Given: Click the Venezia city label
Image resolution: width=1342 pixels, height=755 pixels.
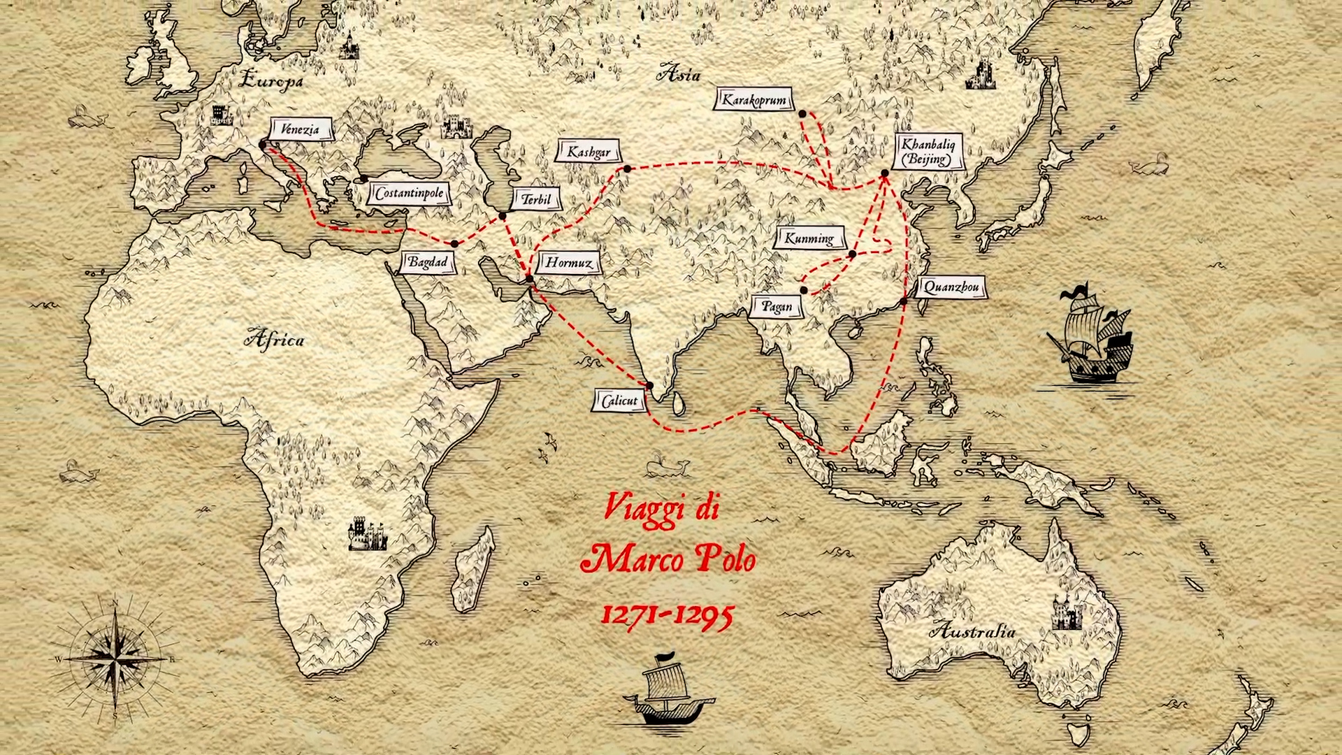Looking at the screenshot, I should click(301, 129).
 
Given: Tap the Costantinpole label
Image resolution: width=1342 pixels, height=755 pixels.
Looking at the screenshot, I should click(409, 194).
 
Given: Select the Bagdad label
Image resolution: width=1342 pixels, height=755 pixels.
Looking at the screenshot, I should click(427, 263).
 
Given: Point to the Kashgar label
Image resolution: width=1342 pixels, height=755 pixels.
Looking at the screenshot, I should click(589, 152).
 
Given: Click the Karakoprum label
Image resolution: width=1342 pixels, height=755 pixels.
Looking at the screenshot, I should click(754, 100).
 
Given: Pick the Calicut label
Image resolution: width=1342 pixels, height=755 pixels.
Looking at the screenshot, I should click(619, 401).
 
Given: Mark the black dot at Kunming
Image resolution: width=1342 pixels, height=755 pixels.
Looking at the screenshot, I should click(853, 254).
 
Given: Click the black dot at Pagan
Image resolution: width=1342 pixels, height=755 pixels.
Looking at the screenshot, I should click(804, 290).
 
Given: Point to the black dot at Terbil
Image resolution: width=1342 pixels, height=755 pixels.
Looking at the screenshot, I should click(502, 216).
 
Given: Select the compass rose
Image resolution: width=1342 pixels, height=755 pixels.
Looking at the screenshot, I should click(115, 658).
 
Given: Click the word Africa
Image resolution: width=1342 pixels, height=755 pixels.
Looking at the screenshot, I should click(274, 340).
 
